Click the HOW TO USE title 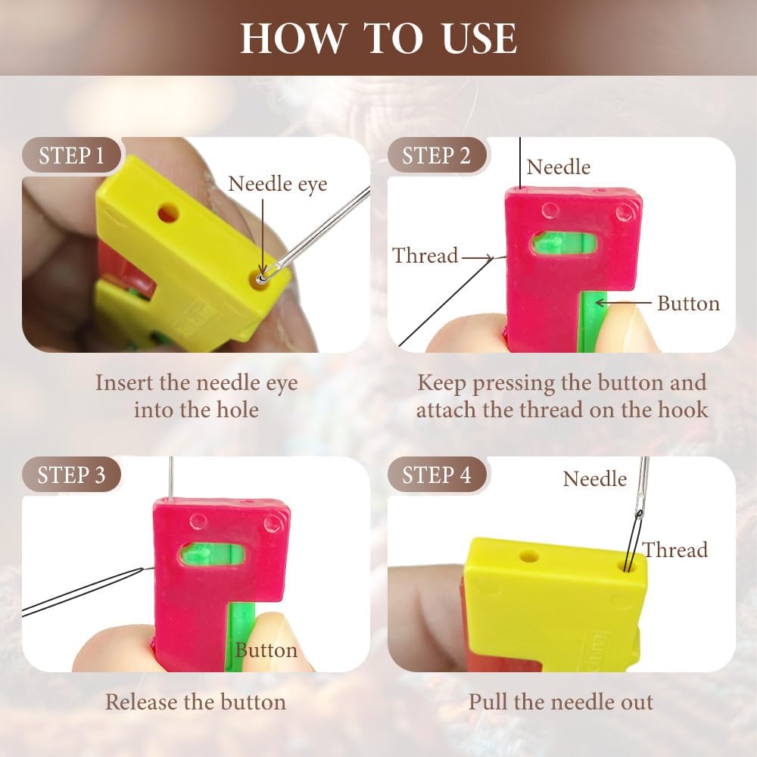click(378, 38)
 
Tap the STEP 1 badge click(71, 156)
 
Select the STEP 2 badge click(436, 156)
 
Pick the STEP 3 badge click(71, 475)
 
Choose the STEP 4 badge click(436, 475)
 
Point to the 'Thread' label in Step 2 click(425, 256)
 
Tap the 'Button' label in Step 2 click(687, 304)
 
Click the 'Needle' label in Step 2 click(558, 167)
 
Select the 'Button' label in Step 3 click(266, 650)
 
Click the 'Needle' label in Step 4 click(595, 478)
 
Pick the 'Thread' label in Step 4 click(675, 550)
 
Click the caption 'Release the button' click(195, 702)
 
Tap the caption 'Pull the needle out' click(560, 702)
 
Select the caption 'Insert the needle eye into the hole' click(196, 396)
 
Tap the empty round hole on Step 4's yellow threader click(529, 556)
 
